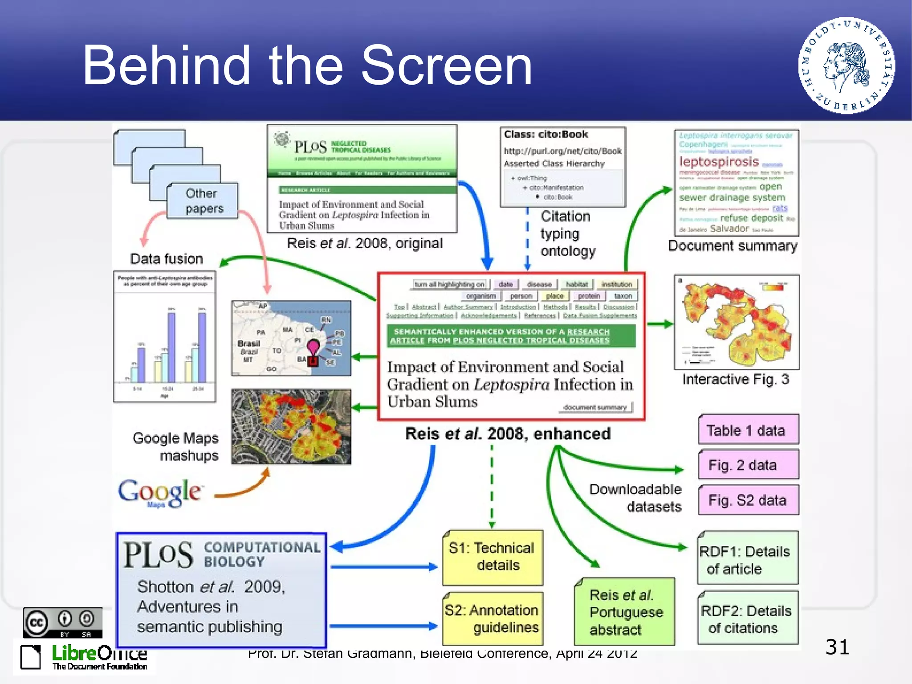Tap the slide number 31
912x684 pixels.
pos(837,647)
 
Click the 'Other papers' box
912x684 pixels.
pos(203,201)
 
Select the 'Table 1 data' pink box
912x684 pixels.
pos(748,430)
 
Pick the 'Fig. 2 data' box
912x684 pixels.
pos(748,465)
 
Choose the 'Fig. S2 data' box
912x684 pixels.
pos(748,500)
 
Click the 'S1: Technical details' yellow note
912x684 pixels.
pos(493,557)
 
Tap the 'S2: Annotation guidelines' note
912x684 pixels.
pos(493,618)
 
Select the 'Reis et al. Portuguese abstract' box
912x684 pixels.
pos(624,612)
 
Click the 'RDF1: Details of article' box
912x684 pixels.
pos(747,559)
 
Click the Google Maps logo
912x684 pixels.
pos(159,493)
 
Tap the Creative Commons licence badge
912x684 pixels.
pos(62,623)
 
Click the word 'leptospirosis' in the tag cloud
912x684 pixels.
pos(719,162)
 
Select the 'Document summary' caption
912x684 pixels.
pos(733,246)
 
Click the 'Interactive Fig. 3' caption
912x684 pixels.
pos(735,379)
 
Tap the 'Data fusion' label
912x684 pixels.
pos(167,259)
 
